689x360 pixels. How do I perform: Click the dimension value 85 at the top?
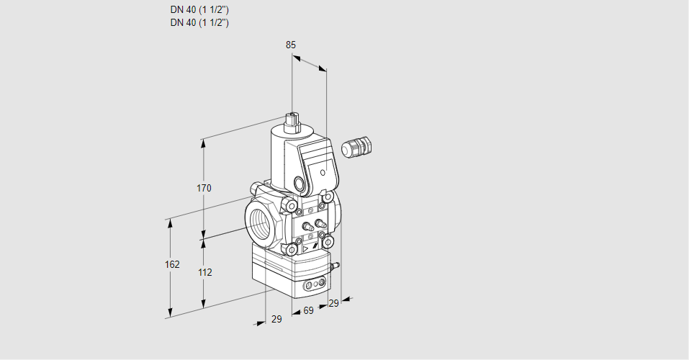pos(291,45)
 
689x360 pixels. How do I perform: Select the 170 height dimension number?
pos(204,189)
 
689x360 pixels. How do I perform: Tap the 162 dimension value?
pos(172,265)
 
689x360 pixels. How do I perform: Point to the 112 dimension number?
pos(204,272)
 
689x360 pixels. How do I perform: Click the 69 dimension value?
pos(308,310)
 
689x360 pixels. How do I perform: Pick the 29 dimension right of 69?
pos(333,304)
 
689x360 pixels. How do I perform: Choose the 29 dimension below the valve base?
pos(276,319)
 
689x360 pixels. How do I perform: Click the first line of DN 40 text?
pos(199,10)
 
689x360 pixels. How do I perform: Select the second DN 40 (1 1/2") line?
pos(199,22)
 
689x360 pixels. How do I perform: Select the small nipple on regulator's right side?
pos(334,267)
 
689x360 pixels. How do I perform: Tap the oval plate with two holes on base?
pos(314,286)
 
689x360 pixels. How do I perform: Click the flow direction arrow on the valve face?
pos(305,247)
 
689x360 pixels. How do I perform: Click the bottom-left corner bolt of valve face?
pos(292,250)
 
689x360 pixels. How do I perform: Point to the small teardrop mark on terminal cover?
pos(323,173)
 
